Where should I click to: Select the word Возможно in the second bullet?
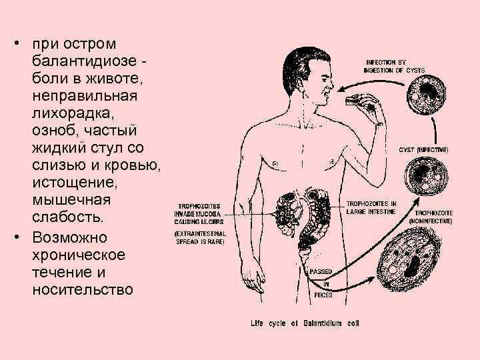click(74, 237)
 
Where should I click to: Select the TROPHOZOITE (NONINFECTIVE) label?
click(434, 217)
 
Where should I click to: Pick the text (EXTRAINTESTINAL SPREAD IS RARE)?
click(200, 237)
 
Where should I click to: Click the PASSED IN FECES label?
click(323, 282)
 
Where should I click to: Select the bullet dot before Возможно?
click(15, 238)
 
